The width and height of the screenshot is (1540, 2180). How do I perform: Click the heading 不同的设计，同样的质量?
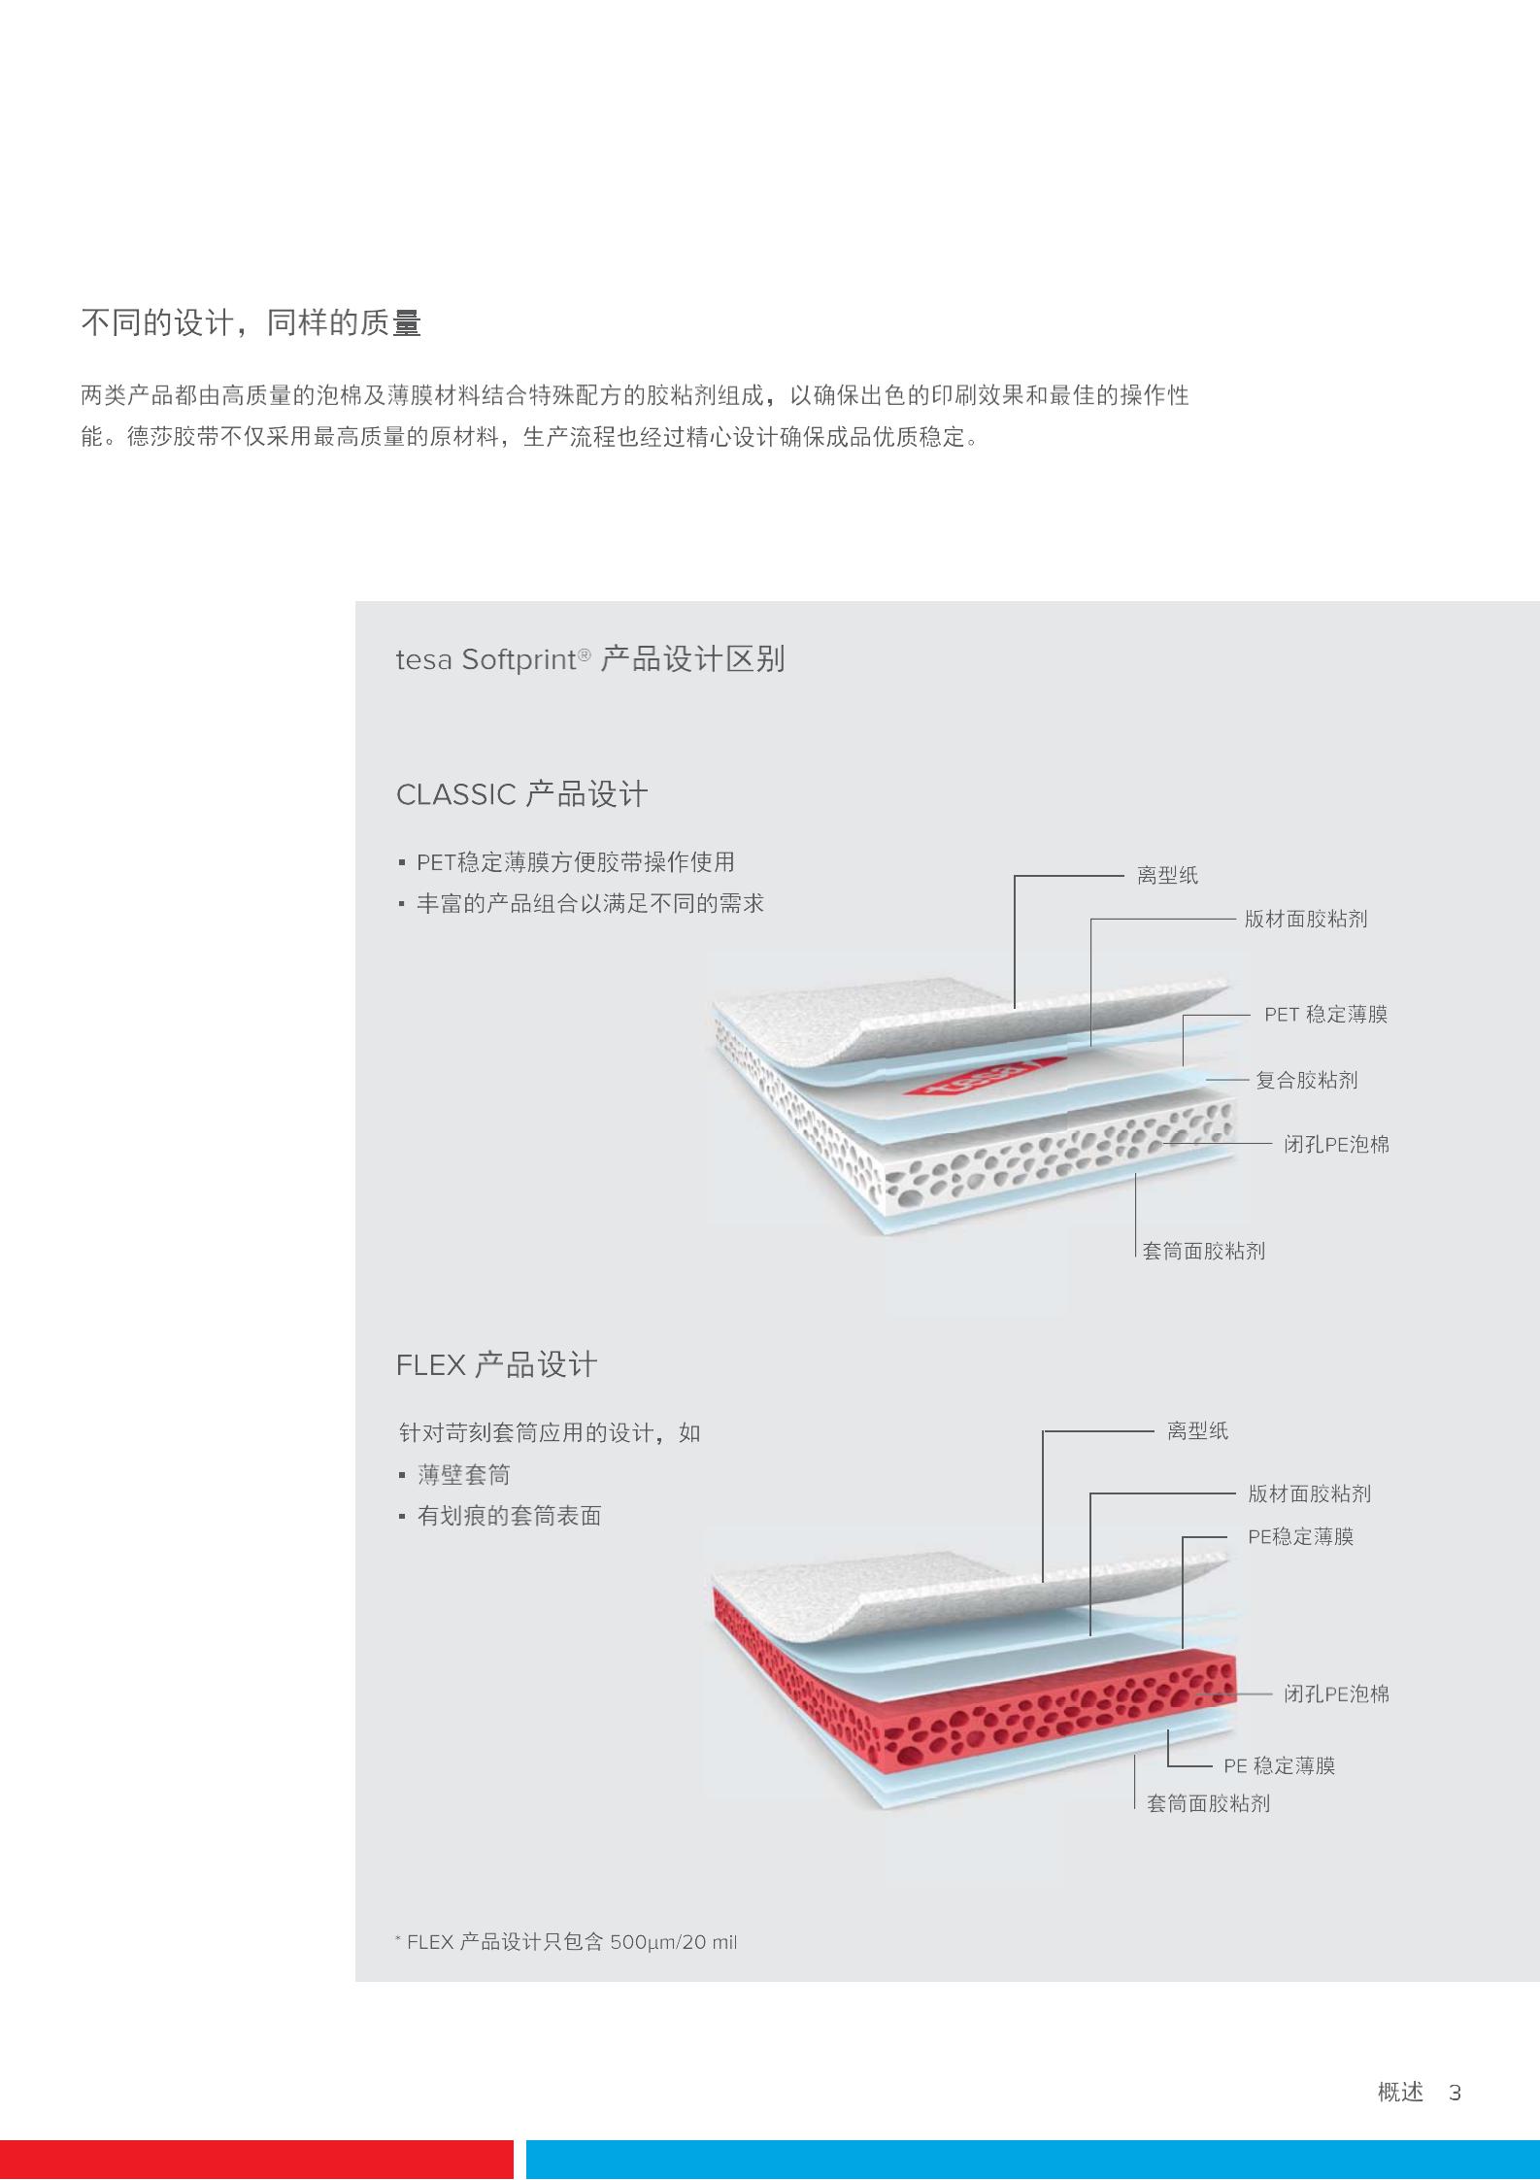(x=251, y=323)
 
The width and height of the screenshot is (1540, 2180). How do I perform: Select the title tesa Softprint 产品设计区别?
(x=590, y=659)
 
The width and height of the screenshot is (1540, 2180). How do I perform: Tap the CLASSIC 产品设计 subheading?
(x=521, y=794)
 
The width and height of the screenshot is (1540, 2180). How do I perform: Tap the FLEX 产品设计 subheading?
(x=496, y=1365)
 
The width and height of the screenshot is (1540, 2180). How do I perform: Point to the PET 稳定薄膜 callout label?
(x=1325, y=1015)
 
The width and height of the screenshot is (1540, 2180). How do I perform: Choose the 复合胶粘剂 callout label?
(x=1306, y=1080)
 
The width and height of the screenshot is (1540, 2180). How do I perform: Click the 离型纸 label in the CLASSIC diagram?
(x=1167, y=875)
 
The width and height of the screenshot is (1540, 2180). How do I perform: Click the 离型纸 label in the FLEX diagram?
(x=1197, y=1430)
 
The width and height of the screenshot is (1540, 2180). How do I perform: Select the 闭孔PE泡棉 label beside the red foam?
(x=1336, y=1694)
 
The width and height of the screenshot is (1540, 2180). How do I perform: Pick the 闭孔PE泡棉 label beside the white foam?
(x=1336, y=1144)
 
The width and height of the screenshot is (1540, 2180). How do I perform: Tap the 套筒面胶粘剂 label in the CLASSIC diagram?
(x=1204, y=1251)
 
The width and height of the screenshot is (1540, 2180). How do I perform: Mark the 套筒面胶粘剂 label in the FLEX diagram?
(x=1208, y=1803)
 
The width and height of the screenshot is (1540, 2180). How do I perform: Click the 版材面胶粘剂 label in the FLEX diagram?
(x=1309, y=1493)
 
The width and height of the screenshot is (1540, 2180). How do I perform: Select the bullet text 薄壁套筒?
(x=463, y=1475)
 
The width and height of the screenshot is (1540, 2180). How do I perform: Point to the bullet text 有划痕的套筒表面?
(x=509, y=1516)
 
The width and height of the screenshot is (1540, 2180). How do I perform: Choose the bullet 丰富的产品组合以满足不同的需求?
(x=590, y=903)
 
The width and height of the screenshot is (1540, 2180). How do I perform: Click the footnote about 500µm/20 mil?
(x=566, y=1942)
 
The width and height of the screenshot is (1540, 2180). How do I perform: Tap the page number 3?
(x=1455, y=2093)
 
